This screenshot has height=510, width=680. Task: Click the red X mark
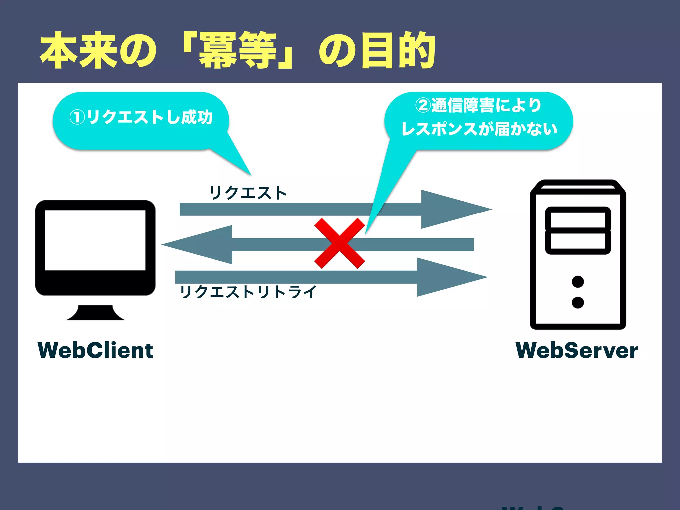339,243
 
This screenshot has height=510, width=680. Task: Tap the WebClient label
95,350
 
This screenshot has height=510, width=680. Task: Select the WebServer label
577,350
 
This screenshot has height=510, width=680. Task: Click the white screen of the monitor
95,240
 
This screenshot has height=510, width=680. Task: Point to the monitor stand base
95,313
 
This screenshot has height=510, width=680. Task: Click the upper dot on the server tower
578,282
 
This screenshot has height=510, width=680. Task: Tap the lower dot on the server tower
578,302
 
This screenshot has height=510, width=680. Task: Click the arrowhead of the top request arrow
452,209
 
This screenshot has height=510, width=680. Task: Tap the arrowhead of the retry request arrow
448,277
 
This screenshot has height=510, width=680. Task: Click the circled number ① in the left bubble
77,117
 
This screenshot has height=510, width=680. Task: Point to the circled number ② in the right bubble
423,105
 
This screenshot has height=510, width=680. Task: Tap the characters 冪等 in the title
237,50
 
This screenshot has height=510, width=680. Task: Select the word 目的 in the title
398,50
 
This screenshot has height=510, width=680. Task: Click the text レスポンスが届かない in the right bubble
479,129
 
